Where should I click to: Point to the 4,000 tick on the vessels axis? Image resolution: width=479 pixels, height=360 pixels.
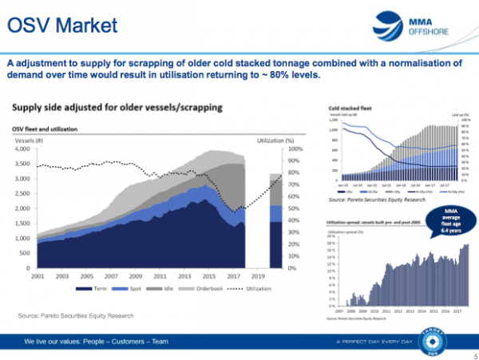point(21,148)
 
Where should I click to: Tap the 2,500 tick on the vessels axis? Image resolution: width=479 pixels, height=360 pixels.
point(21,193)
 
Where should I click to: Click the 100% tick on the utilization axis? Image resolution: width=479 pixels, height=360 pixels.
point(295,148)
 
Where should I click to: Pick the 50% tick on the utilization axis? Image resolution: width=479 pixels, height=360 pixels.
point(293,208)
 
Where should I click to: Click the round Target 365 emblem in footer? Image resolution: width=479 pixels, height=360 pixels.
point(452,341)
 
